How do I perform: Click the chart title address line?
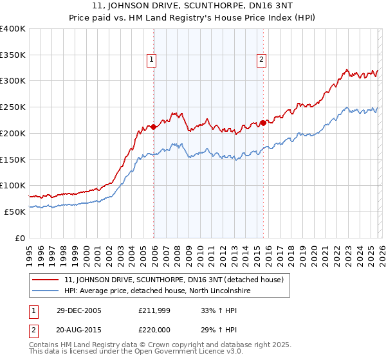tap(192, 7)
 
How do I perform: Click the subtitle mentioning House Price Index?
tap(192, 19)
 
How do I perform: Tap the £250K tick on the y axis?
tap(13, 107)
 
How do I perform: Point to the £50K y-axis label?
tap(15, 212)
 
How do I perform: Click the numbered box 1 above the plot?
tap(151, 60)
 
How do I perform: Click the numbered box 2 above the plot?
tap(262, 60)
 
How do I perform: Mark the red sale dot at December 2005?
tap(154, 127)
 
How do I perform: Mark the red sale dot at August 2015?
tap(264, 123)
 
